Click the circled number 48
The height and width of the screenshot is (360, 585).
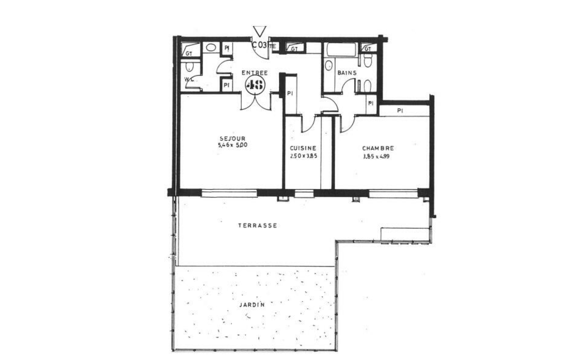(257, 84)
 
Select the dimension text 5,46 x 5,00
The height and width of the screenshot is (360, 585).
(233, 145)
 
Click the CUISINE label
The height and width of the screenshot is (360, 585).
(303, 149)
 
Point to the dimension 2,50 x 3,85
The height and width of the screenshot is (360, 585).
(303, 156)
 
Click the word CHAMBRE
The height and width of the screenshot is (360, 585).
(378, 149)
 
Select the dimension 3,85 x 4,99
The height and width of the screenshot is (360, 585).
(378, 156)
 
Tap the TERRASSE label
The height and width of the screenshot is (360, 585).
(258, 225)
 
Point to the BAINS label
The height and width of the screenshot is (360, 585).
(347, 73)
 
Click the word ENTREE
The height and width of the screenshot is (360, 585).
(255, 73)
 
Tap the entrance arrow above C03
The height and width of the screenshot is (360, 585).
(259, 31)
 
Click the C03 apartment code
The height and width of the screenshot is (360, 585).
(259, 44)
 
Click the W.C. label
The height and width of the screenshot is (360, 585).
(189, 80)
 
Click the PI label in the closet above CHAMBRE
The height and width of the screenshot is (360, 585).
(400, 111)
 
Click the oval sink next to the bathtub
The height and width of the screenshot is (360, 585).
(328, 65)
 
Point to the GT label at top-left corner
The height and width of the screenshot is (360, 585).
(188, 53)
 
